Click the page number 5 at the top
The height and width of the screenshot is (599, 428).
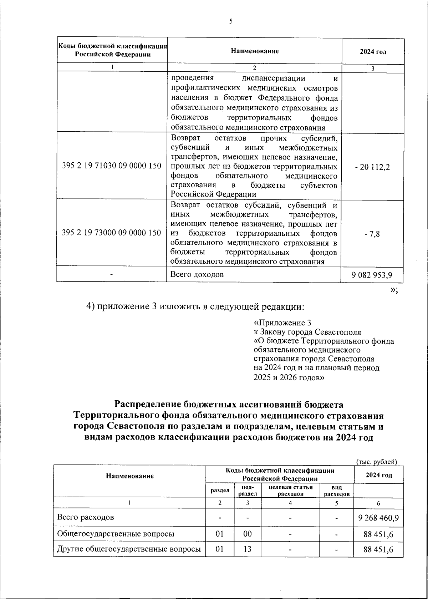[231, 21]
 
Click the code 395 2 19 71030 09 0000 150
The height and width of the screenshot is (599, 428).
[112, 166]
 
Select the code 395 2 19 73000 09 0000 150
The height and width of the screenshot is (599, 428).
[112, 233]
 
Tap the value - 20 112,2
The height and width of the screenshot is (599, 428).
[372, 167]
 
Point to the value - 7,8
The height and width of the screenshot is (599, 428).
[372, 234]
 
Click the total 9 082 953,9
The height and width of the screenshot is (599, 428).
[372, 275]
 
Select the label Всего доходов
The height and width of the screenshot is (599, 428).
[197, 274]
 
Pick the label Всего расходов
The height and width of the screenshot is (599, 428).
[86, 517]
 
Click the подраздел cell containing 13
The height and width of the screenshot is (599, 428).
[247, 549]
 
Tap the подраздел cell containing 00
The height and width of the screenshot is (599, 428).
[247, 534]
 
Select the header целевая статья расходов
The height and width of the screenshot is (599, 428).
[290, 491]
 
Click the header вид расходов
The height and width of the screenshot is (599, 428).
[336, 491]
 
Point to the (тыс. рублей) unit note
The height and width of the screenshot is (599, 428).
[377, 461]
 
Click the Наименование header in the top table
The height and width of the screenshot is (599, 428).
[255, 51]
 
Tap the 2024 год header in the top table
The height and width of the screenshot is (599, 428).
[373, 52]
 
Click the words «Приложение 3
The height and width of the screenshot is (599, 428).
[282, 323]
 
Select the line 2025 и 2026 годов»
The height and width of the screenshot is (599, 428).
[289, 377]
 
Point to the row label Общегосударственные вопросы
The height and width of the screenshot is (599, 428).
[116, 534]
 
